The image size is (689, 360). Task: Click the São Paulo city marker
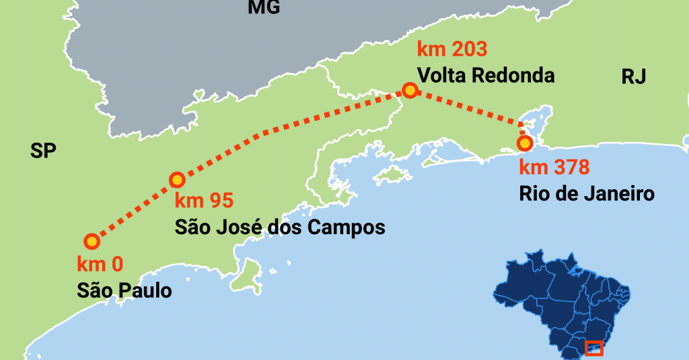(92, 241)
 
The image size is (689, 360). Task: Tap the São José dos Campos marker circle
(176, 180)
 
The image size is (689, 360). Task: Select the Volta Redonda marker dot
(409, 90)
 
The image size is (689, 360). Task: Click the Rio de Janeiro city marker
(524, 143)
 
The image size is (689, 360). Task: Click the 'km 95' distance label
(203, 201)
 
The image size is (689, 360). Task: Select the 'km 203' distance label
(451, 49)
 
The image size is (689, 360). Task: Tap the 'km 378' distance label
(554, 167)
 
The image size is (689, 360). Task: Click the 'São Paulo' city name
(124, 291)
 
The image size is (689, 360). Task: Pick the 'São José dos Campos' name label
(280, 227)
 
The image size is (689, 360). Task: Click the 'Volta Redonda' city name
(486, 75)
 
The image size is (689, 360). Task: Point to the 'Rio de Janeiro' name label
(587, 194)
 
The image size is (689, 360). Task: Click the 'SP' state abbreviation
(42, 151)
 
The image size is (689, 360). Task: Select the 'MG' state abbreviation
(264, 7)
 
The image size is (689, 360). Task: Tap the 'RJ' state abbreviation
(633, 77)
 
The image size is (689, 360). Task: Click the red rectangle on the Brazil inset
(593, 348)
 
